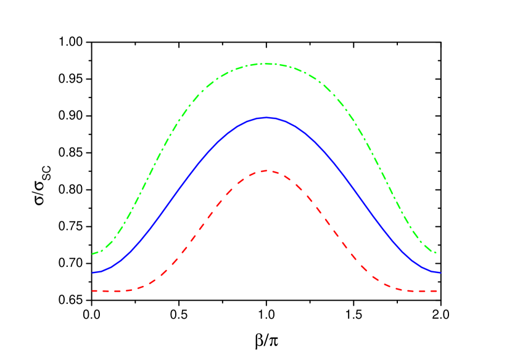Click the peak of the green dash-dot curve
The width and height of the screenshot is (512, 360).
[x=266, y=63]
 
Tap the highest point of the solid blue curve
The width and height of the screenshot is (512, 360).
[x=266, y=117]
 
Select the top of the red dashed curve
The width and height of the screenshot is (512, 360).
[x=266, y=171]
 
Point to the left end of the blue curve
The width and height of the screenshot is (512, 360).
[x=93, y=272]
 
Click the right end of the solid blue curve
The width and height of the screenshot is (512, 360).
[x=440, y=272]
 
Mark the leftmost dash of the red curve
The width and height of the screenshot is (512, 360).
[x=95, y=290]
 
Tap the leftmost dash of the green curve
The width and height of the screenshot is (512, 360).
[x=96, y=253]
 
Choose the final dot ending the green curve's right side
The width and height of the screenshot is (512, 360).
[x=436, y=253]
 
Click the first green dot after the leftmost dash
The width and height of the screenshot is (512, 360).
[x=102, y=250]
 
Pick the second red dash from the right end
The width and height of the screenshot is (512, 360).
[x=423, y=290]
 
